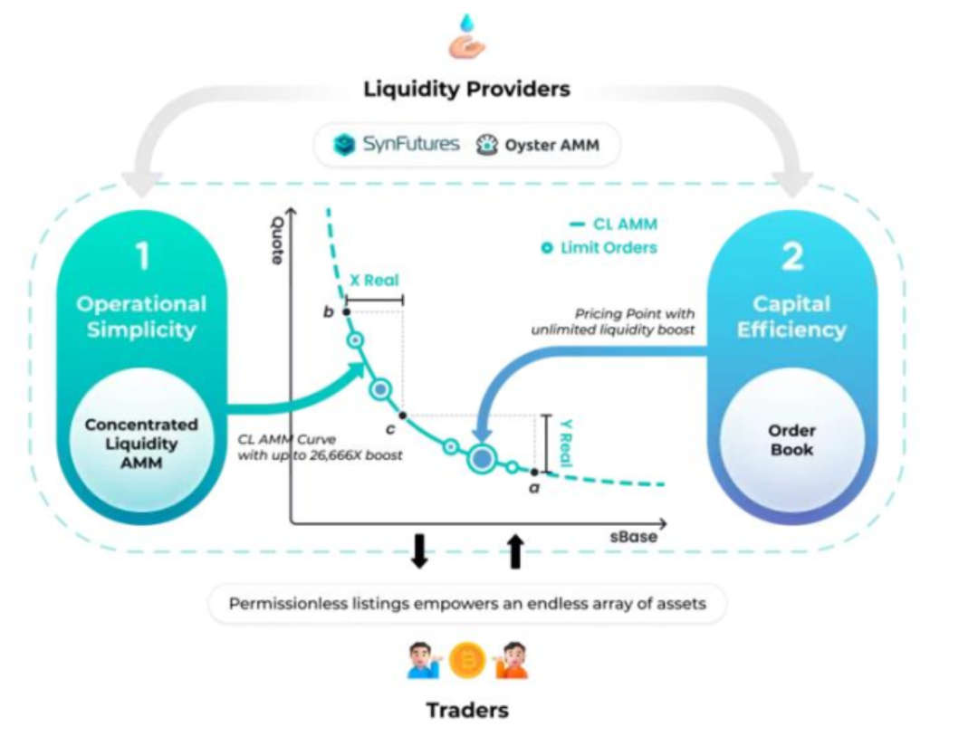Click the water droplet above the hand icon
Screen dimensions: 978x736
(x=466, y=23)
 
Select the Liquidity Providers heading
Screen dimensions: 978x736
(x=466, y=89)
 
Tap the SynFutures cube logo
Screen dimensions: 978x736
(x=344, y=144)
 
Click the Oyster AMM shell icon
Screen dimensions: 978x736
(x=487, y=145)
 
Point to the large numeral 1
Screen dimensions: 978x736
(x=143, y=255)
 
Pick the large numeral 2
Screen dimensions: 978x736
(x=792, y=255)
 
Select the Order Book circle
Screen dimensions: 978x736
(x=792, y=440)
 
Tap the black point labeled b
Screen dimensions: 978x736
(x=347, y=311)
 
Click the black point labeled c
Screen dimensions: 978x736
(x=403, y=416)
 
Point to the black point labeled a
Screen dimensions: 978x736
(x=534, y=473)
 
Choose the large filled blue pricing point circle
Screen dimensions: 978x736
(x=482, y=459)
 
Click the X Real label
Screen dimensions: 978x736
(x=374, y=280)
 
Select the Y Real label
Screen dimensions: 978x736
(x=566, y=443)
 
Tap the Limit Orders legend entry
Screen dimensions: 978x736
(x=599, y=248)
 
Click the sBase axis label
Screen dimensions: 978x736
(x=634, y=537)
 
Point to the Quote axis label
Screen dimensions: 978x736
(x=277, y=240)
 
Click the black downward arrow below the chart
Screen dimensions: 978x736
(x=419, y=551)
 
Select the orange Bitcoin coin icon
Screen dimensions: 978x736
(x=466, y=660)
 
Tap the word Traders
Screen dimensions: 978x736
(x=467, y=710)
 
